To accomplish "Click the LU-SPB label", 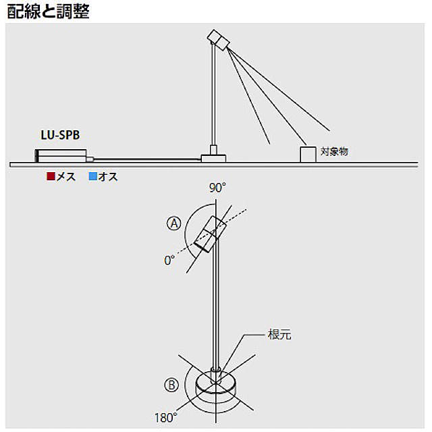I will click(x=60, y=135).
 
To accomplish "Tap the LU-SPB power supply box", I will click(x=61, y=155).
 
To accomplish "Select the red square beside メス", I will click(x=50, y=177).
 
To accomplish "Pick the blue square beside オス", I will click(x=92, y=177).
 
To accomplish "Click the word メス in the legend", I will click(x=65, y=177).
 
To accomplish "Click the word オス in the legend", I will click(x=108, y=177).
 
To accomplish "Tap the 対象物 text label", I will click(x=334, y=153).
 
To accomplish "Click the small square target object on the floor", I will click(x=308, y=154).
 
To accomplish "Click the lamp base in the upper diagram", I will click(x=214, y=157).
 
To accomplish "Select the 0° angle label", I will click(x=169, y=259).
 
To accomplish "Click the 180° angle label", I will click(x=165, y=416).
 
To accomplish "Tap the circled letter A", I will click(x=175, y=223).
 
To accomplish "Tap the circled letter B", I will click(x=171, y=385).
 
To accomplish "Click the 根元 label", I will click(x=279, y=335).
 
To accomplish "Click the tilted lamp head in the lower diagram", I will click(x=209, y=234).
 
